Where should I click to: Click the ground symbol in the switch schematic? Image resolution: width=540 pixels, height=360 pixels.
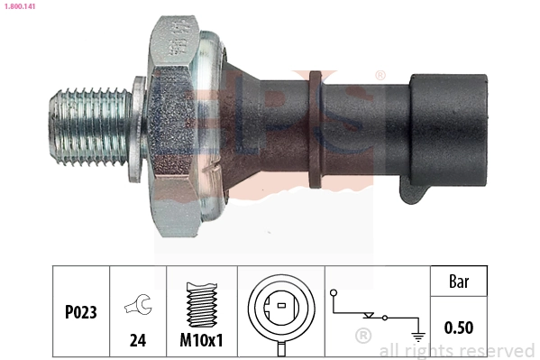click(x=416, y=333)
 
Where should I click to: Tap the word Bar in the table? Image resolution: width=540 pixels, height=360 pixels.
click(x=458, y=281)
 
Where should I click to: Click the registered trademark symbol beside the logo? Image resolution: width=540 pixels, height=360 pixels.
click(x=380, y=75)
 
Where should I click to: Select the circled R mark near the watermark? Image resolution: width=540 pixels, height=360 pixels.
click(x=363, y=337)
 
